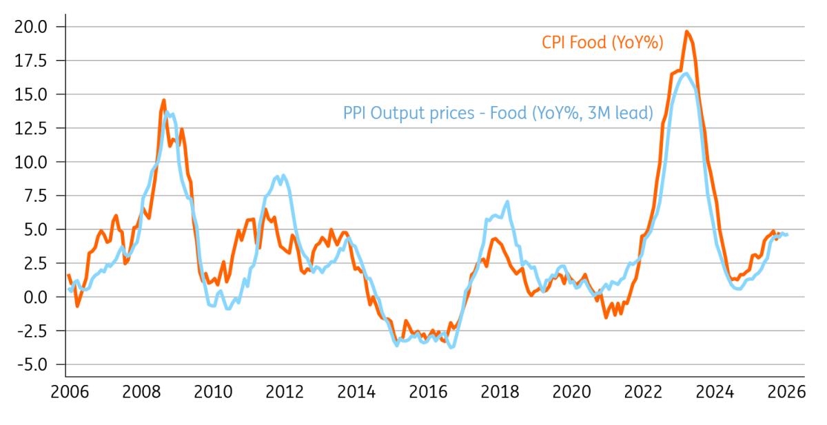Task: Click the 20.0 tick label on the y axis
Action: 33,27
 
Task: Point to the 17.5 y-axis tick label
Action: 33,61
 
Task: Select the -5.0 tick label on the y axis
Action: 33,364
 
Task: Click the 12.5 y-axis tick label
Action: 33,128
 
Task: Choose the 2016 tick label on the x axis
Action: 428,392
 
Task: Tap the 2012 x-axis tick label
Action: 285,392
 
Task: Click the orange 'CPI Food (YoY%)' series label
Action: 601,43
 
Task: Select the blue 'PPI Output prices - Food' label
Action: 498,112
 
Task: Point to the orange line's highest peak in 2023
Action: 686,32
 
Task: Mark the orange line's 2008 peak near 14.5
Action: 164,101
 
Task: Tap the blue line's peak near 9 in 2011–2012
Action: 283,176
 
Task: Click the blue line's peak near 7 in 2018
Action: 507,202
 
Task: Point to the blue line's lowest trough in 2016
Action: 451,346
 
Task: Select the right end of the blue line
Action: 787,235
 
